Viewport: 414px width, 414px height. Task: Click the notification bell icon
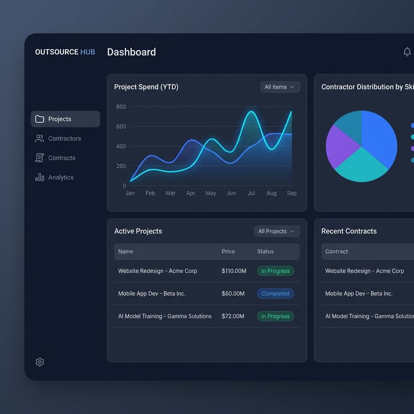point(407,52)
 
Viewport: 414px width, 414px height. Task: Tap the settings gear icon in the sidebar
point(40,362)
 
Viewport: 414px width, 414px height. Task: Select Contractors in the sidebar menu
point(64,138)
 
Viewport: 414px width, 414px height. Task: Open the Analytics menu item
point(61,177)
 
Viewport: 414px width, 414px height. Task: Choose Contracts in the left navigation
point(61,158)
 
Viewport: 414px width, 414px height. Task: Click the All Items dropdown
point(280,87)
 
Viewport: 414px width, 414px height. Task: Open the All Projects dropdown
point(277,231)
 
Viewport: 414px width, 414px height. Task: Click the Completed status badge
point(275,294)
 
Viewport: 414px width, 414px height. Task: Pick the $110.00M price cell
point(234,271)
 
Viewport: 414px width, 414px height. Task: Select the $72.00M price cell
point(233,316)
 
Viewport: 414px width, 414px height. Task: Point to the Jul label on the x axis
point(251,193)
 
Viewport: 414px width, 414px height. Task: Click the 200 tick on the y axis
point(121,166)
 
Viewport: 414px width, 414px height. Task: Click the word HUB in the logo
point(88,52)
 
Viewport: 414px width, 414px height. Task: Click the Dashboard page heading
point(131,52)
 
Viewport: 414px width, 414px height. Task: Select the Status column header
point(265,251)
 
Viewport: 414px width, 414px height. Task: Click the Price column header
point(228,251)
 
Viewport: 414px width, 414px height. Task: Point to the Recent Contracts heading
point(349,231)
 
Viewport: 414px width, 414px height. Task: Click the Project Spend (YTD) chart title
point(146,87)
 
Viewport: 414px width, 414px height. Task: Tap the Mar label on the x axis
point(170,193)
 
